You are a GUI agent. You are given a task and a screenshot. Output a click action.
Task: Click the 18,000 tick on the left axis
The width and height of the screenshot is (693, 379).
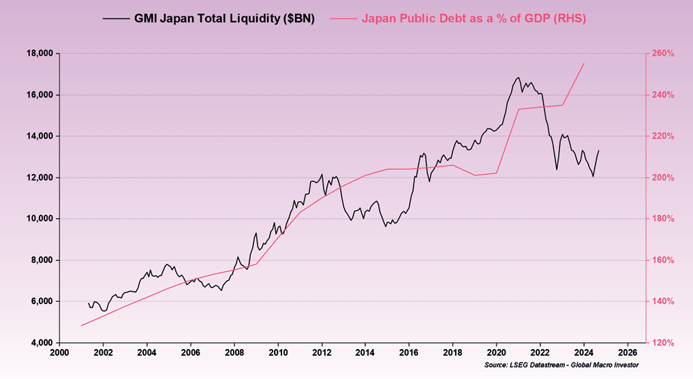click(x=40, y=53)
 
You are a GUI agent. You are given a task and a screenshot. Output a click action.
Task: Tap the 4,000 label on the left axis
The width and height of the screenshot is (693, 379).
click(x=40, y=343)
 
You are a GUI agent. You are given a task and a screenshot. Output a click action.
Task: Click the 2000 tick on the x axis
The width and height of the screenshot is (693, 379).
click(x=59, y=352)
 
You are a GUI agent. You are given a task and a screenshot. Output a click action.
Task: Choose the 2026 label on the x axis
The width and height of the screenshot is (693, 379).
click(x=628, y=352)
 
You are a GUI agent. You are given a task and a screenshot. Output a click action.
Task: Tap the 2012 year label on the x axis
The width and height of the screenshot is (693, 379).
click(x=322, y=352)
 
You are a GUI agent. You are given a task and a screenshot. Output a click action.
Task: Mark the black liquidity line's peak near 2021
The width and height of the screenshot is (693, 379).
click(x=518, y=77)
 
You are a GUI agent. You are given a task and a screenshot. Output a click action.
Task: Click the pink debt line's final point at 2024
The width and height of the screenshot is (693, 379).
click(x=584, y=63)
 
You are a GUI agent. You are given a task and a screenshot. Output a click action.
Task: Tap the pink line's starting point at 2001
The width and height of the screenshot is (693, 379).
click(x=81, y=325)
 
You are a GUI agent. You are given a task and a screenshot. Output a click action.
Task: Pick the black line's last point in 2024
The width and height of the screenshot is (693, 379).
click(x=599, y=150)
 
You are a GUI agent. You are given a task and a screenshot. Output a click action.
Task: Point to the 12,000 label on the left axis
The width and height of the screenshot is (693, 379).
click(x=40, y=177)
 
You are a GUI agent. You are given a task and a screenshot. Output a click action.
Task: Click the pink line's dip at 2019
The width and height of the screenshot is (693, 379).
click(x=475, y=175)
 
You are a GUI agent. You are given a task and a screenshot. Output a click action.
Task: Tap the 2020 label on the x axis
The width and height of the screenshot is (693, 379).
click(x=497, y=352)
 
